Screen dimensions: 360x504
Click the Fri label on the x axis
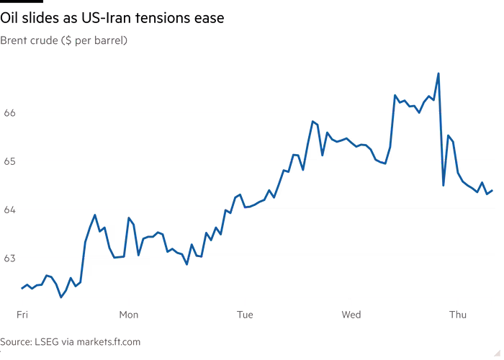point(22,315)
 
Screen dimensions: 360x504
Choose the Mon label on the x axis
point(129,315)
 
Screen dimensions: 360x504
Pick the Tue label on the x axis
point(245,315)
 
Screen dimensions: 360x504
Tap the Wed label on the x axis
point(351,315)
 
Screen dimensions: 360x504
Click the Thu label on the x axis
point(458,315)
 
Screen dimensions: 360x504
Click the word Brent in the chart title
point(12,40)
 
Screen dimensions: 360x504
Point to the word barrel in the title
point(109,40)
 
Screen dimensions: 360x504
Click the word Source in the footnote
point(15,341)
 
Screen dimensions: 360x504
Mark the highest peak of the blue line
point(438,73)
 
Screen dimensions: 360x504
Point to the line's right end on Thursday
point(492,190)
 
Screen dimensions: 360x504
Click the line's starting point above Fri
point(22,288)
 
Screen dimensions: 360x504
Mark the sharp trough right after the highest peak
point(444,186)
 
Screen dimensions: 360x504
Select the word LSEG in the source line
point(46,341)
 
